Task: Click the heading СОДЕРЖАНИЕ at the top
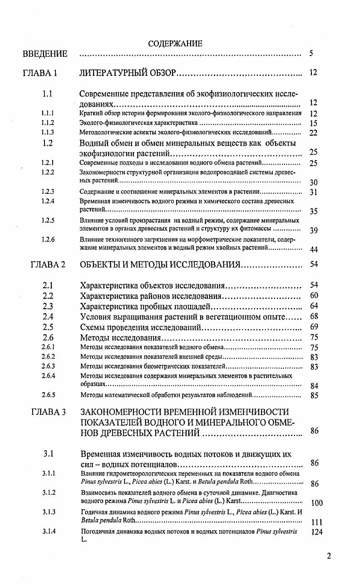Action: click(175, 44)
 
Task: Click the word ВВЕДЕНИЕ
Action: click(45, 54)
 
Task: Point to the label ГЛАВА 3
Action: click(49, 412)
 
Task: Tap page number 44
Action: click(314, 249)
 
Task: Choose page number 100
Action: click(317, 503)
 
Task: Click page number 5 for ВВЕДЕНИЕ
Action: click(311, 54)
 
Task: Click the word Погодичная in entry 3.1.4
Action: click(97, 532)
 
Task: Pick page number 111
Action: click(317, 522)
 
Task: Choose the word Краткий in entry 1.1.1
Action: click(89, 113)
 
